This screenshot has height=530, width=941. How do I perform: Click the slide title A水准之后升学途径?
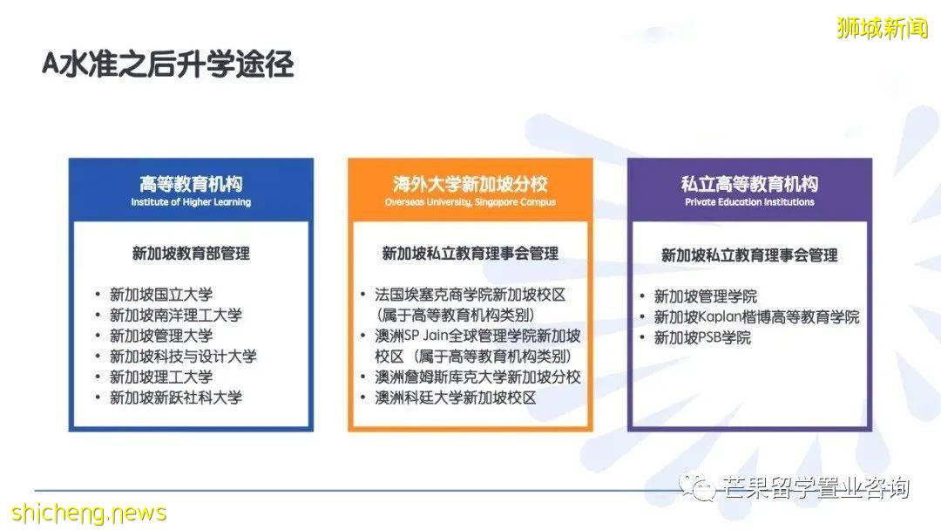point(168,65)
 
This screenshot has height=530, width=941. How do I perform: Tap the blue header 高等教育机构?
point(191,184)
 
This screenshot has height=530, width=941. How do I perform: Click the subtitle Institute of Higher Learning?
point(191,202)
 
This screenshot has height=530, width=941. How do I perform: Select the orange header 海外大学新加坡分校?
point(470,184)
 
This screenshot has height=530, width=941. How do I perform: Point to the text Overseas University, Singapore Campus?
point(470,202)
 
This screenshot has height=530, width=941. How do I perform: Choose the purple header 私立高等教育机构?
point(749,184)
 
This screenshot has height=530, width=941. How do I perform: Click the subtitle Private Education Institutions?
point(749,202)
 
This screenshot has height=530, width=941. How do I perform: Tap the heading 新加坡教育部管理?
point(191,254)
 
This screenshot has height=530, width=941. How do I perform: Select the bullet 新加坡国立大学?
point(161,295)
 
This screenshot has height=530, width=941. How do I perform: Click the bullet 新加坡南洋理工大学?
point(176,316)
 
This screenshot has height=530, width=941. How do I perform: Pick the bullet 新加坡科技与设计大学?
point(183,357)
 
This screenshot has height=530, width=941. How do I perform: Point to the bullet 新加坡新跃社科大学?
point(176,397)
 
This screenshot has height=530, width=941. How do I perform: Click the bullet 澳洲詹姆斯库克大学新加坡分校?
point(477,377)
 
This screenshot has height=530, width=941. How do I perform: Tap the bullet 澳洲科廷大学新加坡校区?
point(455,398)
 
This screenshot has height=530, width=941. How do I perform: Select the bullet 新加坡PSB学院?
point(702,337)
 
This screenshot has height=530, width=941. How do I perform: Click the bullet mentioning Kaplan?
point(756,317)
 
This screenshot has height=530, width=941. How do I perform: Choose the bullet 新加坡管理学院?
point(706,296)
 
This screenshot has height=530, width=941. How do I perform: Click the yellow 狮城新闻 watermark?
point(882,28)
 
